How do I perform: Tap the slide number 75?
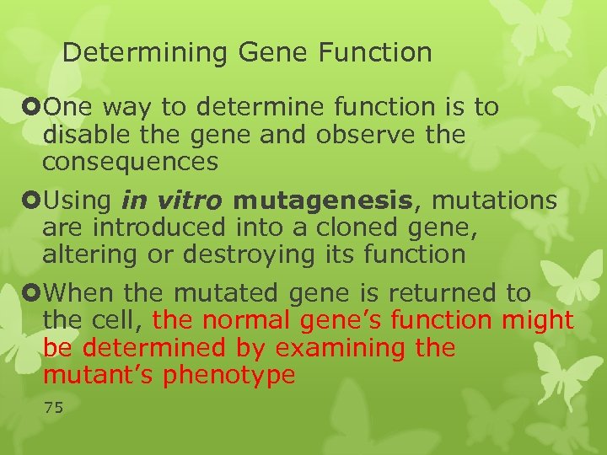(x=53, y=408)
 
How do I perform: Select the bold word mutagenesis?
(x=324, y=201)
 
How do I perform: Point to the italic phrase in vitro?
(x=173, y=201)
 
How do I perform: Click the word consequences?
(x=131, y=161)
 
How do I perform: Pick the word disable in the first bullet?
(x=79, y=135)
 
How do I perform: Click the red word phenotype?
(x=230, y=374)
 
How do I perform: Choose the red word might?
(x=537, y=320)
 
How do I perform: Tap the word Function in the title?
(x=374, y=53)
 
